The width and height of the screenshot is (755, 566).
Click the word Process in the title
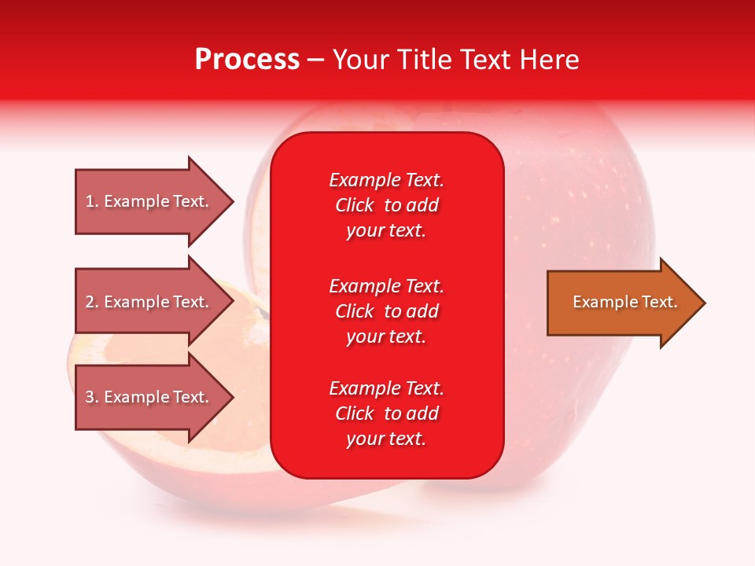click(248, 60)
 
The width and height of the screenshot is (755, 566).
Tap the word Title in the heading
click(425, 60)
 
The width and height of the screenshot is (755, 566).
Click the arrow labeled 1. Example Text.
click(155, 201)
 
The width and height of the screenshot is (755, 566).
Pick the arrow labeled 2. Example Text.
click(155, 301)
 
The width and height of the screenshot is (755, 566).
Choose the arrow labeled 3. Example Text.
click(155, 396)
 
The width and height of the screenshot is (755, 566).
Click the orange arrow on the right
click(627, 302)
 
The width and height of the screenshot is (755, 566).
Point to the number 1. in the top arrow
click(93, 201)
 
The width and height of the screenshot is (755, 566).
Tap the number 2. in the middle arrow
click(93, 302)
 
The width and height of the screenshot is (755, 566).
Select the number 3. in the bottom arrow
click(93, 397)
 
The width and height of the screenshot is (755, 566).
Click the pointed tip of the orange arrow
click(705, 303)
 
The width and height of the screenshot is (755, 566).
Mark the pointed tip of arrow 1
click(234, 201)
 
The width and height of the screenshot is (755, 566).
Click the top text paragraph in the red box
click(387, 205)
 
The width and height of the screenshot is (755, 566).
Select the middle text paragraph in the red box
click(387, 311)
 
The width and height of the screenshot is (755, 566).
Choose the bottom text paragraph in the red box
click(387, 413)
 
